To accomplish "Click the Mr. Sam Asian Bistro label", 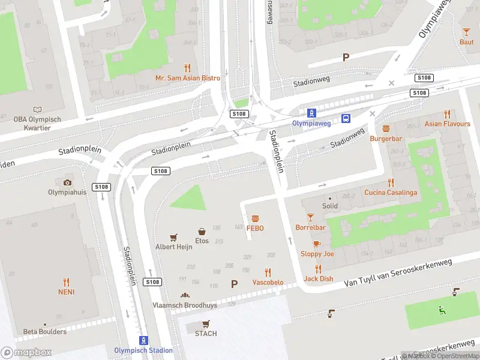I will [188, 78].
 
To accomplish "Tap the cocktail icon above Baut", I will [466, 32].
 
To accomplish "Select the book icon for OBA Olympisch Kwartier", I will [38, 109].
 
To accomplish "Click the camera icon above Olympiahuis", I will [67, 182].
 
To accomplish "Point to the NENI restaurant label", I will [66, 292].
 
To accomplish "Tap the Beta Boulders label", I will [46, 331].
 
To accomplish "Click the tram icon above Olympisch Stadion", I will [143, 340].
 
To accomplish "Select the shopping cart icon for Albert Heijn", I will [173, 238].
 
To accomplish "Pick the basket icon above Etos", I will [202, 231].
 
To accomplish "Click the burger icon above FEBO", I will [255, 218].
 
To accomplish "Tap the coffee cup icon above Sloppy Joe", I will [317, 244].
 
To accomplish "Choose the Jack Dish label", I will [318, 278].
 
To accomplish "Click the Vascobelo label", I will [268, 282].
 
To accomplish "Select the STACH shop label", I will [206, 334].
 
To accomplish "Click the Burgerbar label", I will [386, 138].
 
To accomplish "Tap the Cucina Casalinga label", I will [390, 193].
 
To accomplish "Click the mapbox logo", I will [26, 352].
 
